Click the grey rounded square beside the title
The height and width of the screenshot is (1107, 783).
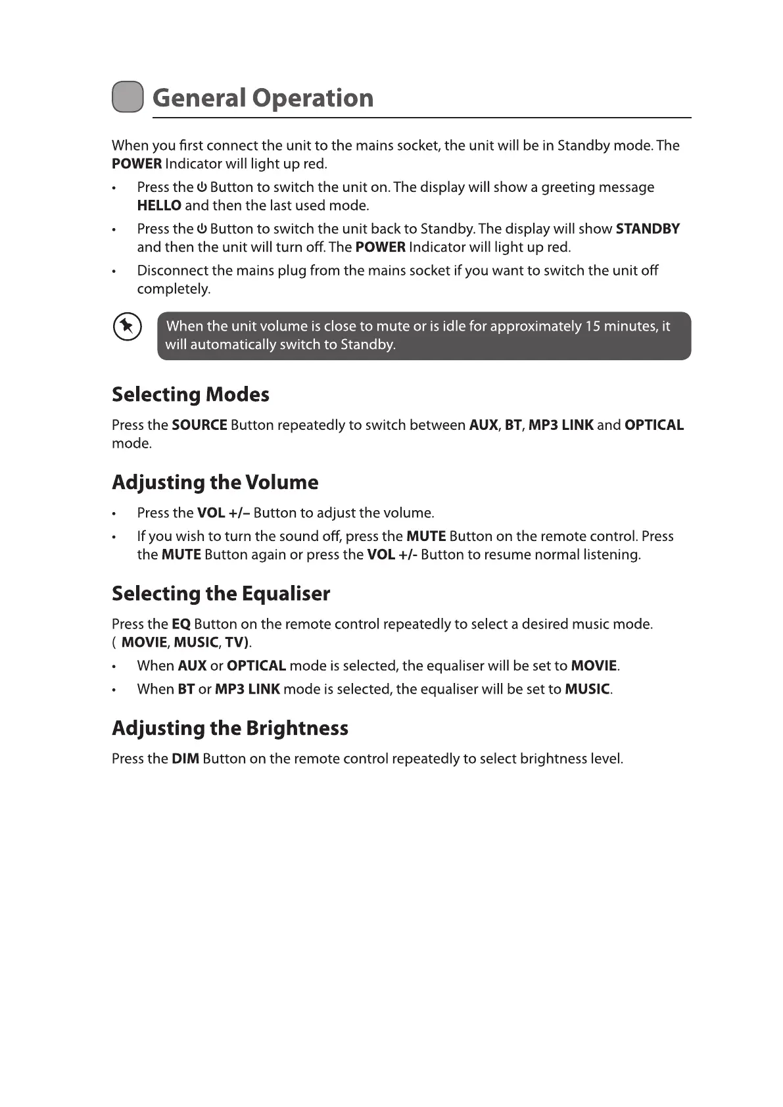128,97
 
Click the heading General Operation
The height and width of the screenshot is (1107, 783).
263,98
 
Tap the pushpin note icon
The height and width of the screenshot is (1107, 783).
127,327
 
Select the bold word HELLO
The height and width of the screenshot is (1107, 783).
159,206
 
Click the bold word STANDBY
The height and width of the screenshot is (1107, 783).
648,229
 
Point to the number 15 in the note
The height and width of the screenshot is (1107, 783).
592,327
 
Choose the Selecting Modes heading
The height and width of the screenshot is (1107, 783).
191,394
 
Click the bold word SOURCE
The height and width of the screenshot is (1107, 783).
199,425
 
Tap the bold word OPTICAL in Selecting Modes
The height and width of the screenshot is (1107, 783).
654,425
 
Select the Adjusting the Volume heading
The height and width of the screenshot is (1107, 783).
215,483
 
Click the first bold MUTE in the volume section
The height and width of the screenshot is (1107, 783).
426,536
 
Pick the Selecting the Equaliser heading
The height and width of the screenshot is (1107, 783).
221,594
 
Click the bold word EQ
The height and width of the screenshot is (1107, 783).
181,624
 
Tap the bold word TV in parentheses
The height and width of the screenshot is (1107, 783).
234,642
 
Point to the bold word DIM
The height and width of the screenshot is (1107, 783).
185,759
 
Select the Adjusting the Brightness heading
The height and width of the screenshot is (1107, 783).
230,728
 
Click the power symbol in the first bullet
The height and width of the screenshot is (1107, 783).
202,187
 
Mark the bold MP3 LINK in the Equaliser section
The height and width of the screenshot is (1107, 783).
247,690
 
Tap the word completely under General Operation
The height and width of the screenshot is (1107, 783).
174,289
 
